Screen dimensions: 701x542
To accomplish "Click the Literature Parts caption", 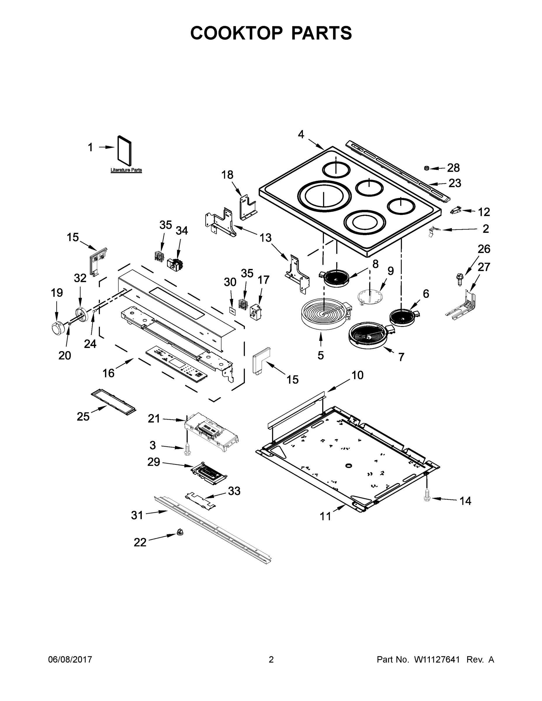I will (x=126, y=170).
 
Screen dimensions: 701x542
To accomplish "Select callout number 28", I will (x=453, y=168).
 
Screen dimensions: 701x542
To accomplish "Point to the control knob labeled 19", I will (x=58, y=327).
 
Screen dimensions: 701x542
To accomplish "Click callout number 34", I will (x=182, y=230).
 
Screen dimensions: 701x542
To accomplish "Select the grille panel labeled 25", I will (x=113, y=402).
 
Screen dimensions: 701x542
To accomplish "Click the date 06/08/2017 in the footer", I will (x=70, y=660).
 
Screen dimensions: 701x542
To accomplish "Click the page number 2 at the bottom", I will (x=271, y=660).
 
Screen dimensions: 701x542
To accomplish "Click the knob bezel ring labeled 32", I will (x=82, y=314).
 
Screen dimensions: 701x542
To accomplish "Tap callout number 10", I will (x=357, y=375).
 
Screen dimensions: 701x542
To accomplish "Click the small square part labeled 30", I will (x=232, y=310).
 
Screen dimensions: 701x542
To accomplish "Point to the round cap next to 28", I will (x=427, y=168).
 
